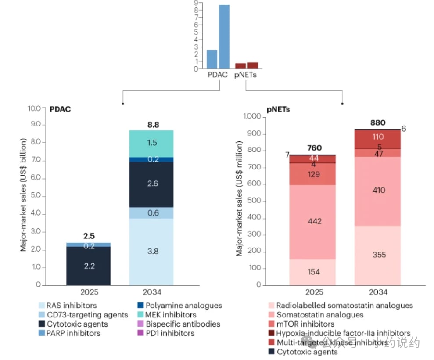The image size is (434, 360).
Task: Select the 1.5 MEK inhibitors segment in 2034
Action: point(152,143)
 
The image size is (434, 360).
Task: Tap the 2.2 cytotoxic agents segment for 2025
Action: point(89,266)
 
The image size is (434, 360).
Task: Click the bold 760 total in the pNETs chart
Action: point(314,148)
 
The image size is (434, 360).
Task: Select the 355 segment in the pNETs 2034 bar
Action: point(378,255)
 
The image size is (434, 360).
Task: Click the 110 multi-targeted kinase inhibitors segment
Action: point(378,137)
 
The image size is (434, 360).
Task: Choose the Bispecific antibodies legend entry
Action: point(183,324)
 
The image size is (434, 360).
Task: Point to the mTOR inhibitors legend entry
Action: point(305,324)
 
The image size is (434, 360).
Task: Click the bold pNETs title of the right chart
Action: point(279,109)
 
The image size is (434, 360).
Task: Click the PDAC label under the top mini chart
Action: point(218,75)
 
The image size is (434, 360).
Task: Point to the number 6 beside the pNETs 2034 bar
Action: point(404,129)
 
